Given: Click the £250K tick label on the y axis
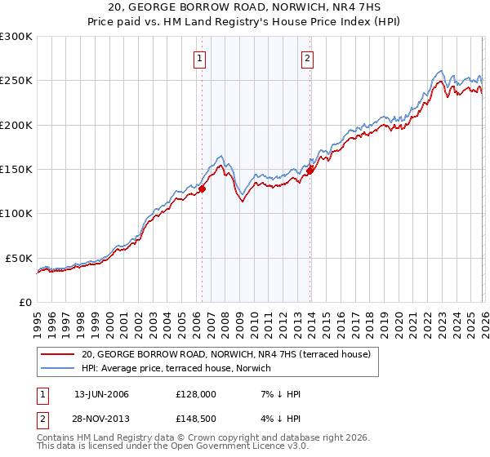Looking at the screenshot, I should tap(16, 81).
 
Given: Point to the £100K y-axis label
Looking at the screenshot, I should tap(16, 213).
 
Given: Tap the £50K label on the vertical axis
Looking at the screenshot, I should tap(19, 258).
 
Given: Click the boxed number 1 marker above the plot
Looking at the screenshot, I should tap(200, 58).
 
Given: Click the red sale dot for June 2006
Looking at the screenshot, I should tap(202, 189).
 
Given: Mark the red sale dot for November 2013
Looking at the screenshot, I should tap(310, 171).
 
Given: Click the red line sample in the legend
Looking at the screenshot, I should tap(59, 354).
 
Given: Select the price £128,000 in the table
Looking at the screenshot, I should tap(195, 394).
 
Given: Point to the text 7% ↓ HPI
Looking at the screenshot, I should tap(280, 394).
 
